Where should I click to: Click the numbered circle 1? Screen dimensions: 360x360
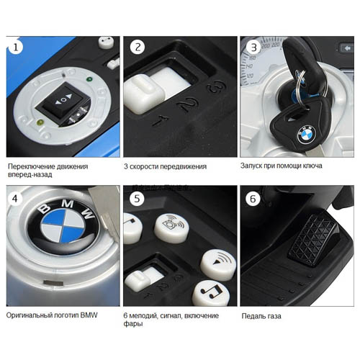pyautogui.click(x=16, y=47)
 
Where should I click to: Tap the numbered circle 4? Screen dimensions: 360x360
pyautogui.click(x=15, y=199)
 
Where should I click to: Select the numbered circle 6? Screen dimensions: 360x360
pyautogui.click(x=253, y=199)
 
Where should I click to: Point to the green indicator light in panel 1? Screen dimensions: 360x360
pyautogui.click(x=89, y=79)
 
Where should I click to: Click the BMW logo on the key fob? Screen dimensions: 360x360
pyautogui.click(x=307, y=134)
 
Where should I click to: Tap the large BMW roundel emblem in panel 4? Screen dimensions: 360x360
pyautogui.click(x=63, y=225)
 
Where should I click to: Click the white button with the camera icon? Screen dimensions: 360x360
pyautogui.click(x=171, y=228)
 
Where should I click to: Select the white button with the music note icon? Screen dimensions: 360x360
pyautogui.click(x=210, y=293)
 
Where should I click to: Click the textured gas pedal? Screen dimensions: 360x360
pyautogui.click(x=313, y=240)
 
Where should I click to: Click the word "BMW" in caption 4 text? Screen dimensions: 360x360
pyautogui.click(x=89, y=315)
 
